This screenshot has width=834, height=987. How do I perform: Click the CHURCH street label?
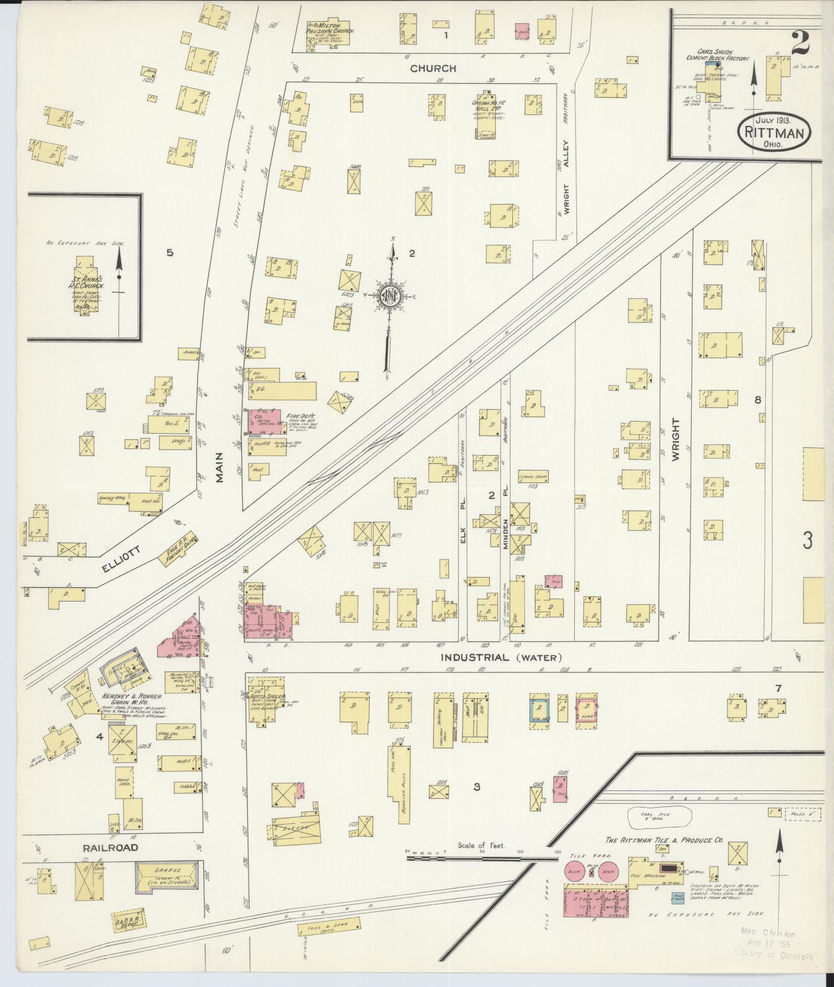[432, 68]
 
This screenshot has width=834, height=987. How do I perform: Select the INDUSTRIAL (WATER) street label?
[502, 657]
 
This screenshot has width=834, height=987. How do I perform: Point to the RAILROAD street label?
[111, 847]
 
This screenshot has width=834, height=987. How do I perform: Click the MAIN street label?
[220, 467]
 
